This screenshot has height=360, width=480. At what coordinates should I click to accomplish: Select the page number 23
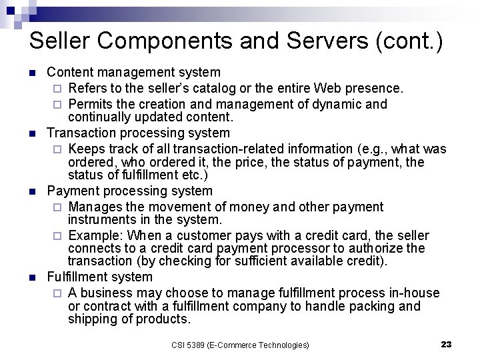[447, 344]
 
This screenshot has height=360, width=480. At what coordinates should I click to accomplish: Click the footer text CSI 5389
[189, 345]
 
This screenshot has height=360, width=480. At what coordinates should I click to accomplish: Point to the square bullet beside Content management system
[31, 72]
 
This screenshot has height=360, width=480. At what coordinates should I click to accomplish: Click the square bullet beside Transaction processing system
[31, 133]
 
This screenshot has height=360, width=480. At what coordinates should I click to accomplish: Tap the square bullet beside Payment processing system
[31, 191]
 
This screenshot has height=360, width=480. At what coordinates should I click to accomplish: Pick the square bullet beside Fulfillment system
[31, 277]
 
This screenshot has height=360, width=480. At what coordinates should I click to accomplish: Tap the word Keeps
[86, 149]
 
